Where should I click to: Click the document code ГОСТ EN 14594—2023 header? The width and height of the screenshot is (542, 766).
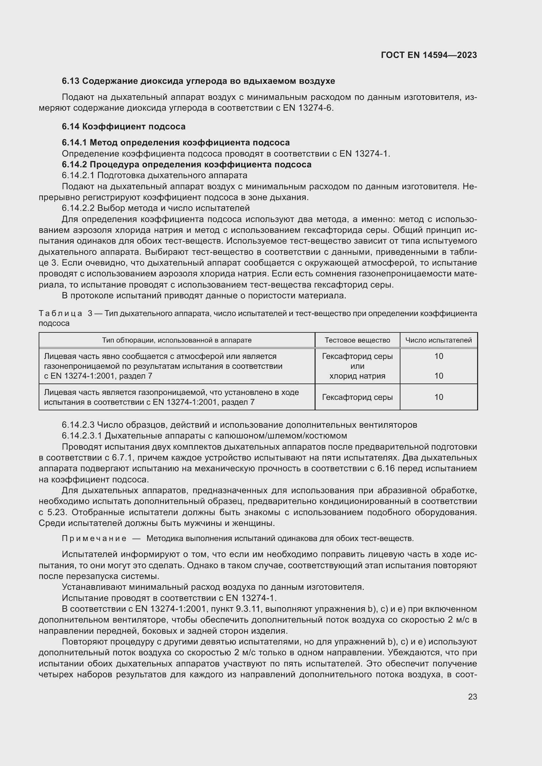coord(429,55)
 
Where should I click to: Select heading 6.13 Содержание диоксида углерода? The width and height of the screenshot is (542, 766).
coord(198,81)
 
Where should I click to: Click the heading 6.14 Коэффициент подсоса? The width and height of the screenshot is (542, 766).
coord(124,126)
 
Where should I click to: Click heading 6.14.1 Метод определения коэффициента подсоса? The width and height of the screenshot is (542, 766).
coord(176,142)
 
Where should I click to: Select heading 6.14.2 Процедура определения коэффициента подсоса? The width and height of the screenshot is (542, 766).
coord(186,164)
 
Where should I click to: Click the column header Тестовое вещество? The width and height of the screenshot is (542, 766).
coord(357,340)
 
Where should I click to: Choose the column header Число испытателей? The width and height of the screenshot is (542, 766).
coord(438,340)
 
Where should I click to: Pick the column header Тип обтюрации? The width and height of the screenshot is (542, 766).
coord(177,340)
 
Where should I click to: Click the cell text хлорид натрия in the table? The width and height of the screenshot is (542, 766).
coord(357,376)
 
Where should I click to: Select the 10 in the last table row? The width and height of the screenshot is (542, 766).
coord(438,397)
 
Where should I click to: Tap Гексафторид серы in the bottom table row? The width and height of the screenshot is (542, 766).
coord(357,397)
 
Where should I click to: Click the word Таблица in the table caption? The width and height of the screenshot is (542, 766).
coord(60,313)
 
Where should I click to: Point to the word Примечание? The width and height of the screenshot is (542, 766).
coord(94,538)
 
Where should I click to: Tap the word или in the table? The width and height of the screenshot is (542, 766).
coord(357,366)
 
